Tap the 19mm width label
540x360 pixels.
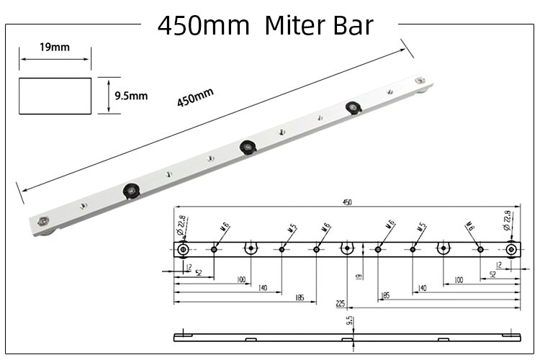[54, 48]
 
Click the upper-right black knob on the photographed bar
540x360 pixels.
[352, 107]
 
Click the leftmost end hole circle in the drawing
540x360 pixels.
[184, 250]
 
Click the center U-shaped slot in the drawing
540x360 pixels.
[346, 249]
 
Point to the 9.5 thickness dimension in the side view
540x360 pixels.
[349, 320]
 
